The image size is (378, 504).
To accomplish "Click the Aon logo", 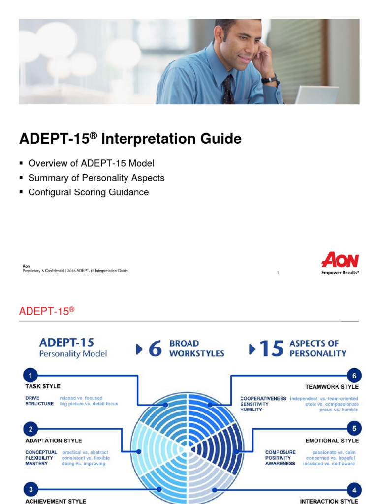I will coord(340,260).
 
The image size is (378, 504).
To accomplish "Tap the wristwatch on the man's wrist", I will coord(269,79).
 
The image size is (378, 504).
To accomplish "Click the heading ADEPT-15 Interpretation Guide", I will coord(130,139).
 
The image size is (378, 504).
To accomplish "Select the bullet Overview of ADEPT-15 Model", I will coord(91,163).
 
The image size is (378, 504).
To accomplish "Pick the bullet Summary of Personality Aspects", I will coord(96,178).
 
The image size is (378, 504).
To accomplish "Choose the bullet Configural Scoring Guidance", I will coord(88,192).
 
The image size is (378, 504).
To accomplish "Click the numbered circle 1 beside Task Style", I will coord(31,376).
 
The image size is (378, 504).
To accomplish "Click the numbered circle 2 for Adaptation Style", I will coord(31,429).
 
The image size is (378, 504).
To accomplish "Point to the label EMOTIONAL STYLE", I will coord(332,441).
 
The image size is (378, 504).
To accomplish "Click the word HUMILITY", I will coord(251,409).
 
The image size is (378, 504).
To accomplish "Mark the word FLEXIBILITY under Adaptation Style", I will coord(39,458).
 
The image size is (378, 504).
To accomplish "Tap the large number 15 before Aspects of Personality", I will coord(271,349).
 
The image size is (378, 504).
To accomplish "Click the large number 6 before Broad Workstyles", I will coord(155,349).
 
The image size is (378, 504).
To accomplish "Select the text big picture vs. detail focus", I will coord(89,404).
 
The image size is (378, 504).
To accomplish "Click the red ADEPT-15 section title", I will coord(46,311).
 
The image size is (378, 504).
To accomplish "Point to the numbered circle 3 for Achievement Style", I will coord(31,489).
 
